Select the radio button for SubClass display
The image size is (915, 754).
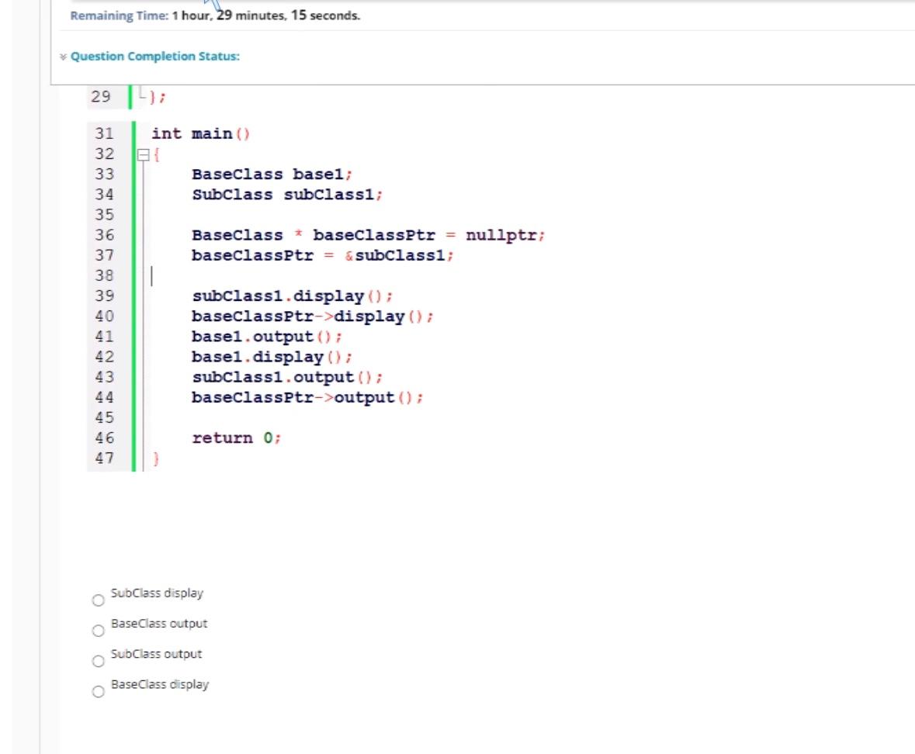[x=98, y=600]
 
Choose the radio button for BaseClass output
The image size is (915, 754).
[x=98, y=631]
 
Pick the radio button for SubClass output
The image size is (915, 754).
[x=98, y=662]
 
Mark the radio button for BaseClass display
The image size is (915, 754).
[x=98, y=692]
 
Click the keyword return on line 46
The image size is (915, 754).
[x=222, y=438]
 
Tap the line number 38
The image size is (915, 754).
[x=104, y=275]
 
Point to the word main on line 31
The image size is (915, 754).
[x=212, y=134]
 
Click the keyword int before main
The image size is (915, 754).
[x=166, y=134]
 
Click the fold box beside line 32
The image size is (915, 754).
[x=142, y=154]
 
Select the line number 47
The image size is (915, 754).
[x=104, y=458]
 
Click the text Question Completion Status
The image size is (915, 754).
[x=155, y=57]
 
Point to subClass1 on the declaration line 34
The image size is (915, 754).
[x=328, y=194]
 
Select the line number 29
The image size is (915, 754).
[x=101, y=97]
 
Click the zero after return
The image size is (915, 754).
[x=268, y=438]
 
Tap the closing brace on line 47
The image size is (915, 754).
[x=156, y=458]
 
